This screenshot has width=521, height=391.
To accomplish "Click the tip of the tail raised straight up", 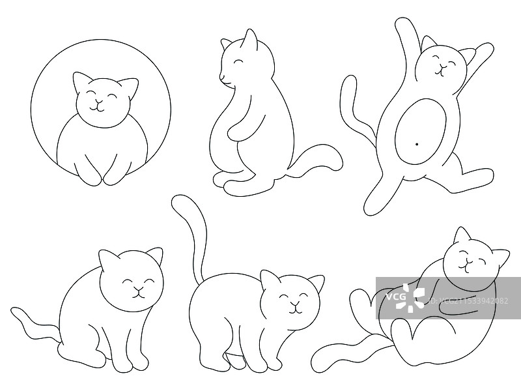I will [177, 203].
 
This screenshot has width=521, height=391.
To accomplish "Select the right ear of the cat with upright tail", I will [317, 283].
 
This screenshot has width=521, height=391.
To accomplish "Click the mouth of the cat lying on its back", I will [464, 265].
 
